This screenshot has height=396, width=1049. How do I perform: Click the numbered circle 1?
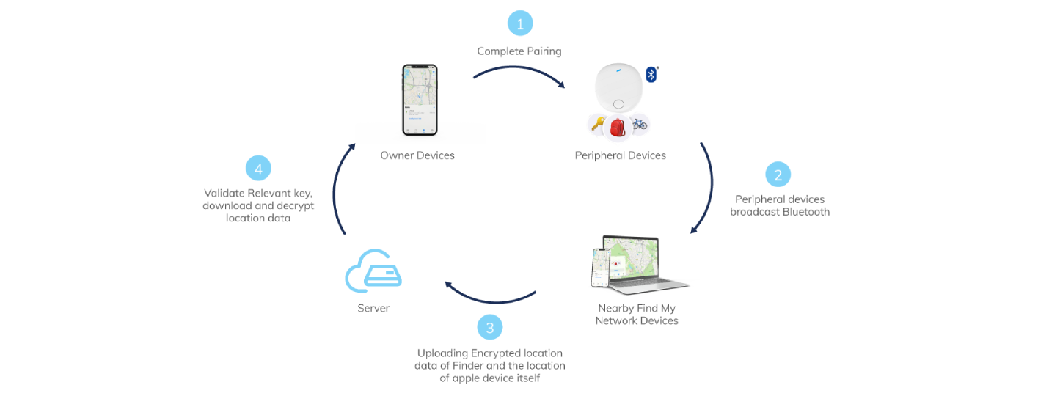coord(520,23)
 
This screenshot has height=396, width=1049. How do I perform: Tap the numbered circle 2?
coord(778,175)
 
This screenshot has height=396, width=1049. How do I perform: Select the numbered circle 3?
coord(490,326)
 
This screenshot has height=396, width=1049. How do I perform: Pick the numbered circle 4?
coord(257,169)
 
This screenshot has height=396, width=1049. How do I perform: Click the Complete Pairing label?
coord(519,51)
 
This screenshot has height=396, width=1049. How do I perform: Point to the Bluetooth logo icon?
coord(651,74)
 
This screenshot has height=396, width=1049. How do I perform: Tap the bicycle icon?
coord(640,124)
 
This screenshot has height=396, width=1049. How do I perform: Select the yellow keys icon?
coord(597,125)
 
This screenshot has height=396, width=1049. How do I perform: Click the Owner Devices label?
coord(417,155)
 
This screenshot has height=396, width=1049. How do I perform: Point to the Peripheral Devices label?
coord(621,155)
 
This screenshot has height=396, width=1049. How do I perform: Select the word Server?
coord(373,309)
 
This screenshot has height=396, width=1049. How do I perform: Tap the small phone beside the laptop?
coord(602,267)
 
